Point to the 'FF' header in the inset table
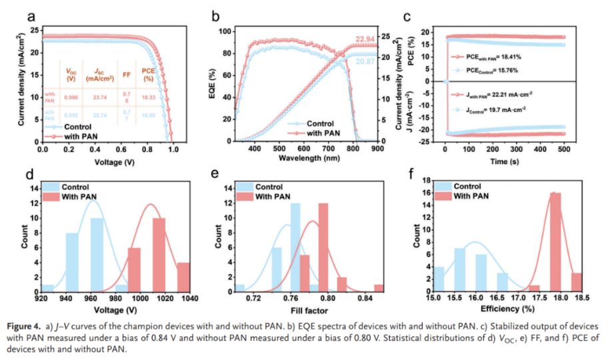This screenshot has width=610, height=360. pos(127,75)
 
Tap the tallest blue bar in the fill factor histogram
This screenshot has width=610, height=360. pos(295,247)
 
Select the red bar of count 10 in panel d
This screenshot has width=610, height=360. pos(159,254)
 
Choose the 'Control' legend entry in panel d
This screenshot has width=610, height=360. pos(74,187)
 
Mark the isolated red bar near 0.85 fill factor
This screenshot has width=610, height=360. pos(379,287)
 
